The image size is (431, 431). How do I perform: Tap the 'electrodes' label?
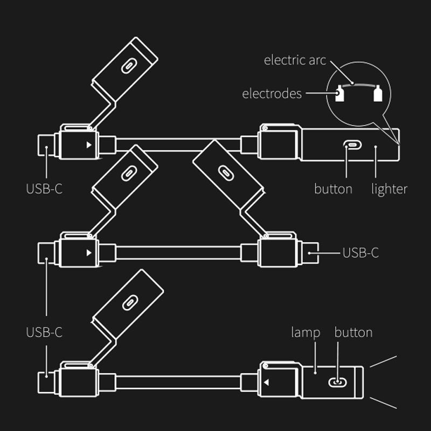coord(272,94)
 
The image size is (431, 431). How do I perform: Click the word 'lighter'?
coord(389,189)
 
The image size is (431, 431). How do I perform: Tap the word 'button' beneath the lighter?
coord(333,189)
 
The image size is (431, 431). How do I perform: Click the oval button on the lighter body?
coord(351,145)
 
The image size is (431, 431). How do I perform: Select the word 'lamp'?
coord(305,332)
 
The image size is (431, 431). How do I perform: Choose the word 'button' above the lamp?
coord(353,332)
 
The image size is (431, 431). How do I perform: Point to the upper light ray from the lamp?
coord(383,362)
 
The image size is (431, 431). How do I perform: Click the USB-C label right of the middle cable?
coord(360,252)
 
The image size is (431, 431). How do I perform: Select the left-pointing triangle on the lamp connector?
coord(266,383)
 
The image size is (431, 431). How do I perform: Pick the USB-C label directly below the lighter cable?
coord(44,189)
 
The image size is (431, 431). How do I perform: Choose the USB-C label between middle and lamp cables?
coord(44,332)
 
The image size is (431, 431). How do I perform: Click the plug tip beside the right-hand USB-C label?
coord(311,252)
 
